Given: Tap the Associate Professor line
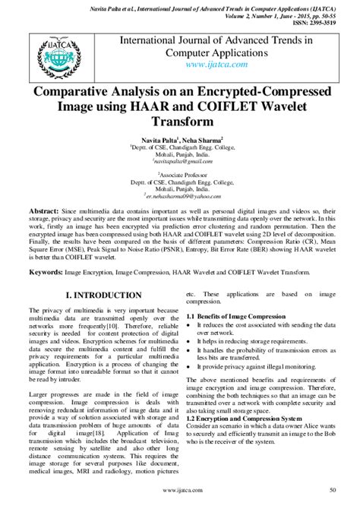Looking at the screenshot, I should click(x=179, y=173).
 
